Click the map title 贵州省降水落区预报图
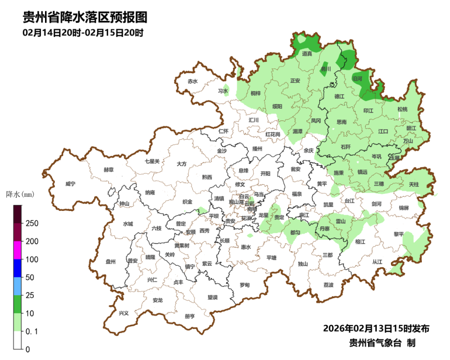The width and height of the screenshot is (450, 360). [85, 17]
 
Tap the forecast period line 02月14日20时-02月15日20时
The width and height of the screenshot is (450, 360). [82, 33]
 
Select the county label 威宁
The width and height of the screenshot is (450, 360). [71, 184]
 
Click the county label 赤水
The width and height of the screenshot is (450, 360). [193, 81]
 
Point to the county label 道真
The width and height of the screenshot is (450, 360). [307, 54]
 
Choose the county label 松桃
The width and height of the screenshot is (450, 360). [402, 109]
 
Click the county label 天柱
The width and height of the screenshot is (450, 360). [413, 185]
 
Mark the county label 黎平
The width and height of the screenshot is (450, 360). [398, 234]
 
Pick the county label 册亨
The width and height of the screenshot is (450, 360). [189, 316]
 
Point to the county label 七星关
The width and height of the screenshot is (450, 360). [152, 161]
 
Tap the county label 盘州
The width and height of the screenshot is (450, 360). [111, 262]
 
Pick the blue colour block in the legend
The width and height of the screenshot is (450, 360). [17, 268]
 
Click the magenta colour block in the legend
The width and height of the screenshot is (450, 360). [17, 250]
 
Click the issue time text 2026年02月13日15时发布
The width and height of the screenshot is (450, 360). [376, 328]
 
